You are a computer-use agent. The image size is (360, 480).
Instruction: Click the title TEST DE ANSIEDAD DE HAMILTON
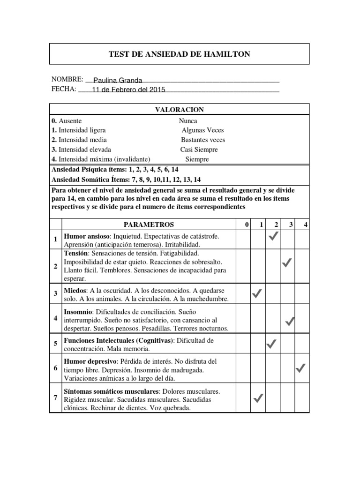[179, 54]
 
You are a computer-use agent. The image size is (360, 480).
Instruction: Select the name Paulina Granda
[118, 81]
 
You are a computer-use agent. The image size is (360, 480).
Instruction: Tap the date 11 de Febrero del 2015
[128, 90]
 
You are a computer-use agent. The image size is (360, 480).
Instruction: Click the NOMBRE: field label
[67, 80]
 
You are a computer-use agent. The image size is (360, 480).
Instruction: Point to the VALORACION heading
[179, 110]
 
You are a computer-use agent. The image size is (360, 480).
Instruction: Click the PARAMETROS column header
[149, 225]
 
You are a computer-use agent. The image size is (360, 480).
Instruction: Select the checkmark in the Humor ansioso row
[274, 238]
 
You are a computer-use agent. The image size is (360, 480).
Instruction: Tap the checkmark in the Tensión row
[287, 264]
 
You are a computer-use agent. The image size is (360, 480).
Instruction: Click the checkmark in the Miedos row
[257, 294]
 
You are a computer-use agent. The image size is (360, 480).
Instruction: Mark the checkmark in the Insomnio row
[290, 321]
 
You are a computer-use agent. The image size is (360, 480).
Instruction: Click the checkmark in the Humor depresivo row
[301, 368]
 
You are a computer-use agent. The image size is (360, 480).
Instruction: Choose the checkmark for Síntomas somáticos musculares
[257, 398]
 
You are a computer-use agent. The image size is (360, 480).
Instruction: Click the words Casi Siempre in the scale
[199, 150]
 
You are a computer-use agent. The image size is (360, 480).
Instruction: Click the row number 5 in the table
[56, 344]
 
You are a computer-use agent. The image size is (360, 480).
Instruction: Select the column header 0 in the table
[247, 225]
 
